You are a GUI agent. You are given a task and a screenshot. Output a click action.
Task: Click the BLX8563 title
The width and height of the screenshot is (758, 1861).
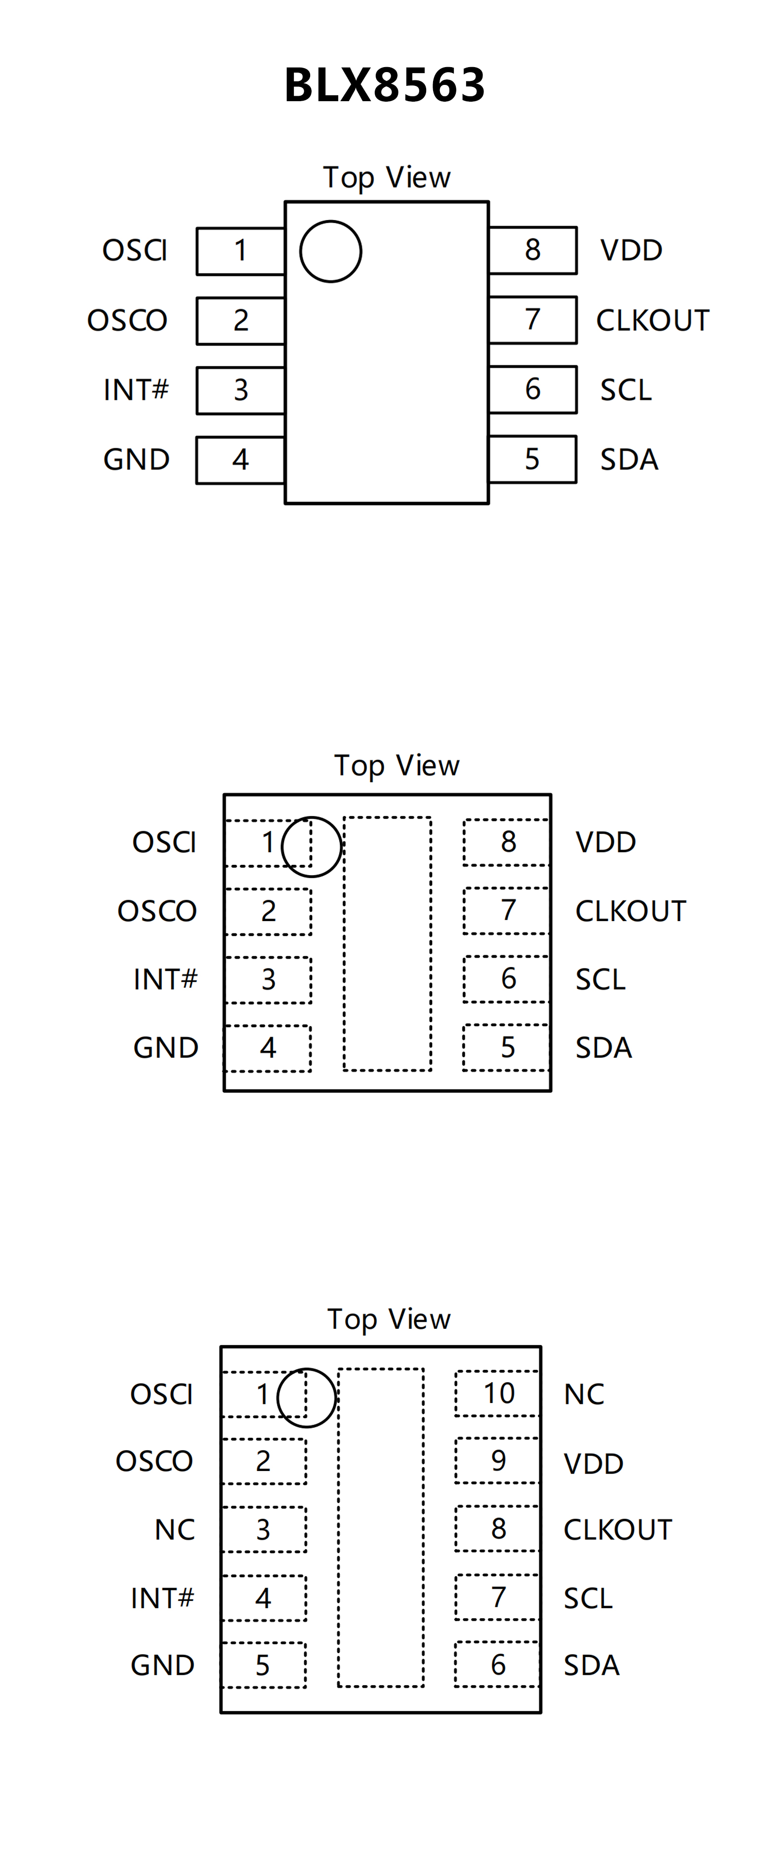click(384, 85)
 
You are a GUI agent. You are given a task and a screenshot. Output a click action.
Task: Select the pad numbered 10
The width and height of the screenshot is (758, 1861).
click(498, 1393)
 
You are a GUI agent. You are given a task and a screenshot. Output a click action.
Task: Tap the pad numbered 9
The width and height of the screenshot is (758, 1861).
click(498, 1460)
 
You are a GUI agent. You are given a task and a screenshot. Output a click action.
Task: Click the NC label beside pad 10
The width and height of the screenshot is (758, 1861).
click(584, 1395)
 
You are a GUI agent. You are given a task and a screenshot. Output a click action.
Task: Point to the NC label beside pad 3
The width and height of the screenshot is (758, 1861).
click(175, 1529)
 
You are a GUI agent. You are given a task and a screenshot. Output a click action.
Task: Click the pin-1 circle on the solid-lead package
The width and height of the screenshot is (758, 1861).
click(330, 251)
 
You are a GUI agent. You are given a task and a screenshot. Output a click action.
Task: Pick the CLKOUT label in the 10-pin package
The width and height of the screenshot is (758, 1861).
click(618, 1529)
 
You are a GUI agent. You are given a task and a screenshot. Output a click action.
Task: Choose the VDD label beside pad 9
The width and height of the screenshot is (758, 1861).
click(593, 1464)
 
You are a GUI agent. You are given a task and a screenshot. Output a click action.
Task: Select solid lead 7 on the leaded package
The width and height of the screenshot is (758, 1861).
click(532, 319)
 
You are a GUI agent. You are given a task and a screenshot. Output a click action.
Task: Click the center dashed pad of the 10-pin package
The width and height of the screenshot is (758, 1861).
click(381, 1527)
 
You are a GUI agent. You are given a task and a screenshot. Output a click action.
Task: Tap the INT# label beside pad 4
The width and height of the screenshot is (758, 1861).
click(162, 1598)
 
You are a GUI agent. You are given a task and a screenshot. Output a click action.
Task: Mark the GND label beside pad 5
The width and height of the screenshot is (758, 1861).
click(162, 1665)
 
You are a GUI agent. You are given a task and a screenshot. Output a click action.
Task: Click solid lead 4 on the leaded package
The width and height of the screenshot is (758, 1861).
click(240, 460)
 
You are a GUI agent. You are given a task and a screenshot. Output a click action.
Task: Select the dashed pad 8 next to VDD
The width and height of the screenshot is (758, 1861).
click(507, 842)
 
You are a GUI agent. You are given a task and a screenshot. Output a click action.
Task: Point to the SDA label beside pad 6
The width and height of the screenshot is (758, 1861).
click(591, 1665)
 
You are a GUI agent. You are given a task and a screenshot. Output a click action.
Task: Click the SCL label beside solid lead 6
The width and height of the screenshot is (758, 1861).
click(626, 390)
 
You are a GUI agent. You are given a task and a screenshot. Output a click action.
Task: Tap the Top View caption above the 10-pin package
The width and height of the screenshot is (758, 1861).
click(389, 1319)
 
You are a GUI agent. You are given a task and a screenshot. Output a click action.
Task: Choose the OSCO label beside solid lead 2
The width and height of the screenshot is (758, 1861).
click(127, 320)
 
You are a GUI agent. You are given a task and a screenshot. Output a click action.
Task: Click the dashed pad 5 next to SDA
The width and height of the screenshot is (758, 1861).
click(507, 1047)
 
